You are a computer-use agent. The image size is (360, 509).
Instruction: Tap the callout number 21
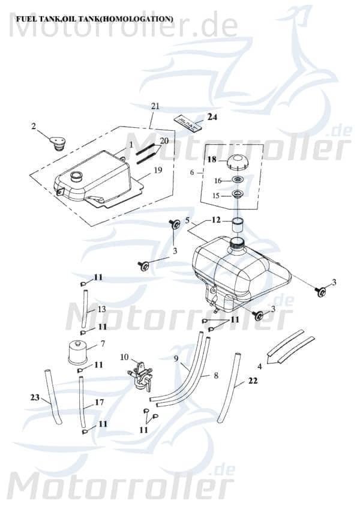coord(155,106)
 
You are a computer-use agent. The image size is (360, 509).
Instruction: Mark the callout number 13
coord(101,309)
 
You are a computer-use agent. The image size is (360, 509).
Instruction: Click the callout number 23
coord(34,397)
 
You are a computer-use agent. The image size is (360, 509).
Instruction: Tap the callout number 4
coord(259,366)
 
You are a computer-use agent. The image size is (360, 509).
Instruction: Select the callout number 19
coord(158,170)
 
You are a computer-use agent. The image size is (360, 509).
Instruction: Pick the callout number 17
coord(99,402)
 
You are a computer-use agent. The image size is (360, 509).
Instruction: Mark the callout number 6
coord(192,172)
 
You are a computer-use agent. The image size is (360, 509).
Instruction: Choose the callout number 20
coord(164,140)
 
